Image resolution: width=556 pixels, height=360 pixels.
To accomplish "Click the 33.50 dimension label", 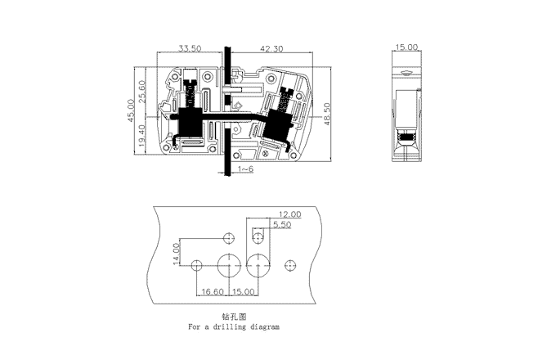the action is (x=190, y=48).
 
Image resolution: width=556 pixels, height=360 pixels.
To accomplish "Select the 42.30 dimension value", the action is (x=271, y=48).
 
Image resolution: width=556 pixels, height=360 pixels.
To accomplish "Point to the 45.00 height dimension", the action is (x=131, y=110).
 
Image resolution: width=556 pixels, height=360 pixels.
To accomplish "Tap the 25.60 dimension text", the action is (x=141, y=92).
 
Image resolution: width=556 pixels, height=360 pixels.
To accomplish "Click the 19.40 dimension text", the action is (x=141, y=136).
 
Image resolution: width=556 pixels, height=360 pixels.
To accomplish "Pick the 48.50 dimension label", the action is (x=327, y=114).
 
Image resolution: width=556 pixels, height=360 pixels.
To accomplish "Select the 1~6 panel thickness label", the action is (x=246, y=169).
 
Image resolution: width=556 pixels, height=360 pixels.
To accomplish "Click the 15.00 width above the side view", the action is (x=406, y=47).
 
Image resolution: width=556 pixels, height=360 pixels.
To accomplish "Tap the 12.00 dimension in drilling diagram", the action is (x=289, y=214).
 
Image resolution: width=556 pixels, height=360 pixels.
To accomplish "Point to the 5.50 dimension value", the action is (x=282, y=224).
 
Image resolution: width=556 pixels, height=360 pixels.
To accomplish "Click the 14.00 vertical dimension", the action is (x=176, y=254).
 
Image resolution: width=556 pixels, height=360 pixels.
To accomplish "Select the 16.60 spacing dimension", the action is (x=213, y=291).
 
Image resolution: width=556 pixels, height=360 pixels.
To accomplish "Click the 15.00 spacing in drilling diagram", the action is (x=244, y=291).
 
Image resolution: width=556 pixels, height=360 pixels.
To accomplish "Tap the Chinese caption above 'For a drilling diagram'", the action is (x=234, y=317).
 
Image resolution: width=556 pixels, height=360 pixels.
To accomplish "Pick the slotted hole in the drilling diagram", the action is (x=258, y=236).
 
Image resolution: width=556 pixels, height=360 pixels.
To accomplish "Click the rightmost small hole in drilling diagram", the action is (x=290, y=265).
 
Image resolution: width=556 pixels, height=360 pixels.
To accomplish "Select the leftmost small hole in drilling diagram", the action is (x=196, y=265).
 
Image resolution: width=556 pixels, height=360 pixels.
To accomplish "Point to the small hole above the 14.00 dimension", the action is (x=229, y=238).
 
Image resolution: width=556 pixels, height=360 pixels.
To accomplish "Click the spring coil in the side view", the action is (x=406, y=137).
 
